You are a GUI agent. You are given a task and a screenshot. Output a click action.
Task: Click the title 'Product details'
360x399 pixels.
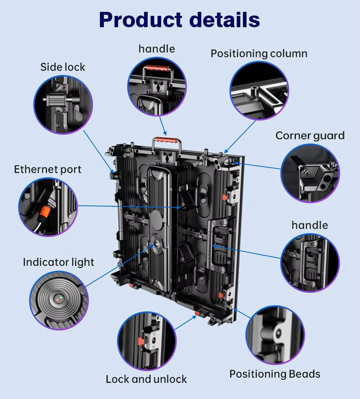(180, 20)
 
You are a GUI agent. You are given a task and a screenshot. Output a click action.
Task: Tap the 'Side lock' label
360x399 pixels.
(62, 67)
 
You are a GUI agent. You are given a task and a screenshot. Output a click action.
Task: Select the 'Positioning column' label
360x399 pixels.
(259, 54)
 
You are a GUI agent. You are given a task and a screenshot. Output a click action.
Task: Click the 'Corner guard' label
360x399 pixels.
(310, 136)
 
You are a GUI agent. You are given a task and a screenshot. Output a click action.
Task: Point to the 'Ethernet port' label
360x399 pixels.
(47, 169)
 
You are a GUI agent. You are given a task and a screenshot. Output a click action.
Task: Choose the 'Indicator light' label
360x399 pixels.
(58, 262)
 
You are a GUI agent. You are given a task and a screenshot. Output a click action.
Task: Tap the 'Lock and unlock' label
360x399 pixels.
(146, 379)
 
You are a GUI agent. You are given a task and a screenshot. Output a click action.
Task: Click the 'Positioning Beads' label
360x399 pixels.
(274, 374)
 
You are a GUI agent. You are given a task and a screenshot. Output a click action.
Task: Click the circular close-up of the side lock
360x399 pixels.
(63, 105)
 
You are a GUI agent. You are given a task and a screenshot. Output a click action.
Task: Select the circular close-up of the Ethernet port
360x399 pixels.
(48, 207)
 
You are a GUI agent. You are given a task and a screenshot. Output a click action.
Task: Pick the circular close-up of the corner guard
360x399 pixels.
(310, 173)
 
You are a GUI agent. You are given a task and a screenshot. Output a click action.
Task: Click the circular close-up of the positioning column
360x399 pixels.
(259, 91)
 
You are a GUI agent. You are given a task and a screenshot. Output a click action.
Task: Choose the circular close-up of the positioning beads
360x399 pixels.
(275, 335)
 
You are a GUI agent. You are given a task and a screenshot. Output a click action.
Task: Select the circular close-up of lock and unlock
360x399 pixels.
(147, 341)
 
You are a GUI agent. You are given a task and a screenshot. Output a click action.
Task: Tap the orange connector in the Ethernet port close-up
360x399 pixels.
(45, 212)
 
